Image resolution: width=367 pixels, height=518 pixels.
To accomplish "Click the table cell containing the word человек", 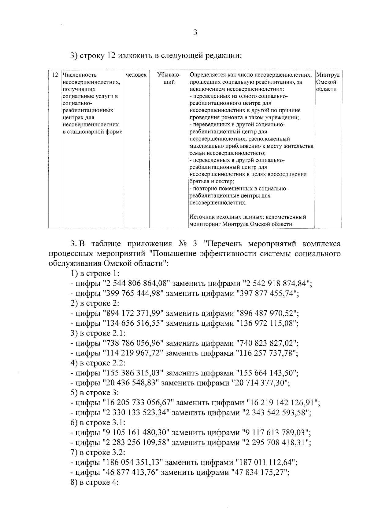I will point(136,75).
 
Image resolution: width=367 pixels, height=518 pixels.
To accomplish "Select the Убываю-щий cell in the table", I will point(169,78).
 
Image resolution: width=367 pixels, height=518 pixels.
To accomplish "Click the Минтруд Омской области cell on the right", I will point(328,82).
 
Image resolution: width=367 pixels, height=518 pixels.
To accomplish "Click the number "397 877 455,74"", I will point(267,293).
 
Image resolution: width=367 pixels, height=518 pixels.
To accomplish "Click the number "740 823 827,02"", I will point(267,343).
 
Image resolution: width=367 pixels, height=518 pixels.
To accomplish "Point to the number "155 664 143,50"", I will point(267,373).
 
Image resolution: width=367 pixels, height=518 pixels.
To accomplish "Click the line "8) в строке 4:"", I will point(94,483).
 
